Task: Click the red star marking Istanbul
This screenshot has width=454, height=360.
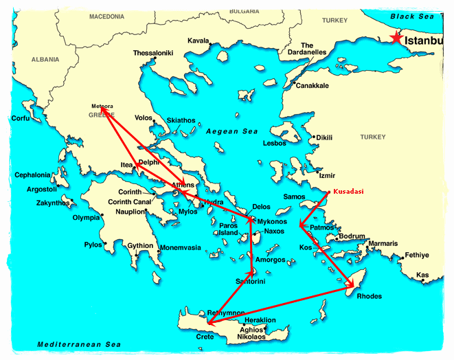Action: pyautogui.click(x=395, y=38)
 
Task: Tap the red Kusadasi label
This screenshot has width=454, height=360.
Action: pyautogui.click(x=350, y=192)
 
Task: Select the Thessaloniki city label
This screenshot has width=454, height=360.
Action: pyautogui.click(x=152, y=53)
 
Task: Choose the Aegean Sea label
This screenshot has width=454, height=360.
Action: pyautogui.click(x=229, y=131)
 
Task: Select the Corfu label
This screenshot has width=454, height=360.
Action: pyautogui.click(x=21, y=118)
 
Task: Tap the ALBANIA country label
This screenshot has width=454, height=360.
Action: pyautogui.click(x=45, y=60)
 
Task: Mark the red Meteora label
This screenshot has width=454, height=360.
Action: pyautogui.click(x=102, y=106)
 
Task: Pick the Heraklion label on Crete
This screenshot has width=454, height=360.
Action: pyautogui.click(x=260, y=320)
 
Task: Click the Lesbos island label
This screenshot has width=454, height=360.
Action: pyautogui.click(x=274, y=144)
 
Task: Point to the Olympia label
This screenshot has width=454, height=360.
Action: pyautogui.click(x=87, y=218)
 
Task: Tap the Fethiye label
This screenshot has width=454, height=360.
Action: pyautogui.click(x=416, y=255)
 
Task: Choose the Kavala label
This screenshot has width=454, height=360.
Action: pyautogui.click(x=198, y=41)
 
